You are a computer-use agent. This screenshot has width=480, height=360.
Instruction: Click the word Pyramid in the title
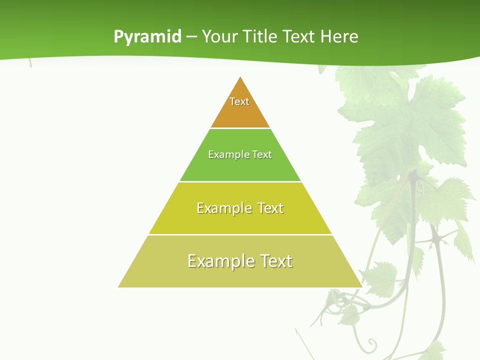[147, 37]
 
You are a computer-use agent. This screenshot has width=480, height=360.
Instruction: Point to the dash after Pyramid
[191, 37]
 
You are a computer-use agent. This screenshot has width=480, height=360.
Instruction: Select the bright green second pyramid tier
[240, 167]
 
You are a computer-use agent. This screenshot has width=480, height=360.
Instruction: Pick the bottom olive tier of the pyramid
[240, 275]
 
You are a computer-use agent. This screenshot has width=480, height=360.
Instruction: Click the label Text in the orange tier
[239, 101]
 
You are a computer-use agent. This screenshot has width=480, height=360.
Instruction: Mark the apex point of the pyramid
[240, 77]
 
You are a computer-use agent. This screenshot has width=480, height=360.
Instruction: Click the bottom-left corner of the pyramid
[119, 286]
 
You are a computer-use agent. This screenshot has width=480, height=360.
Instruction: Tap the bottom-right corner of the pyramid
[361, 286]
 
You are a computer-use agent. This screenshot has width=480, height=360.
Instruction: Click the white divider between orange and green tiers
[240, 128]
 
